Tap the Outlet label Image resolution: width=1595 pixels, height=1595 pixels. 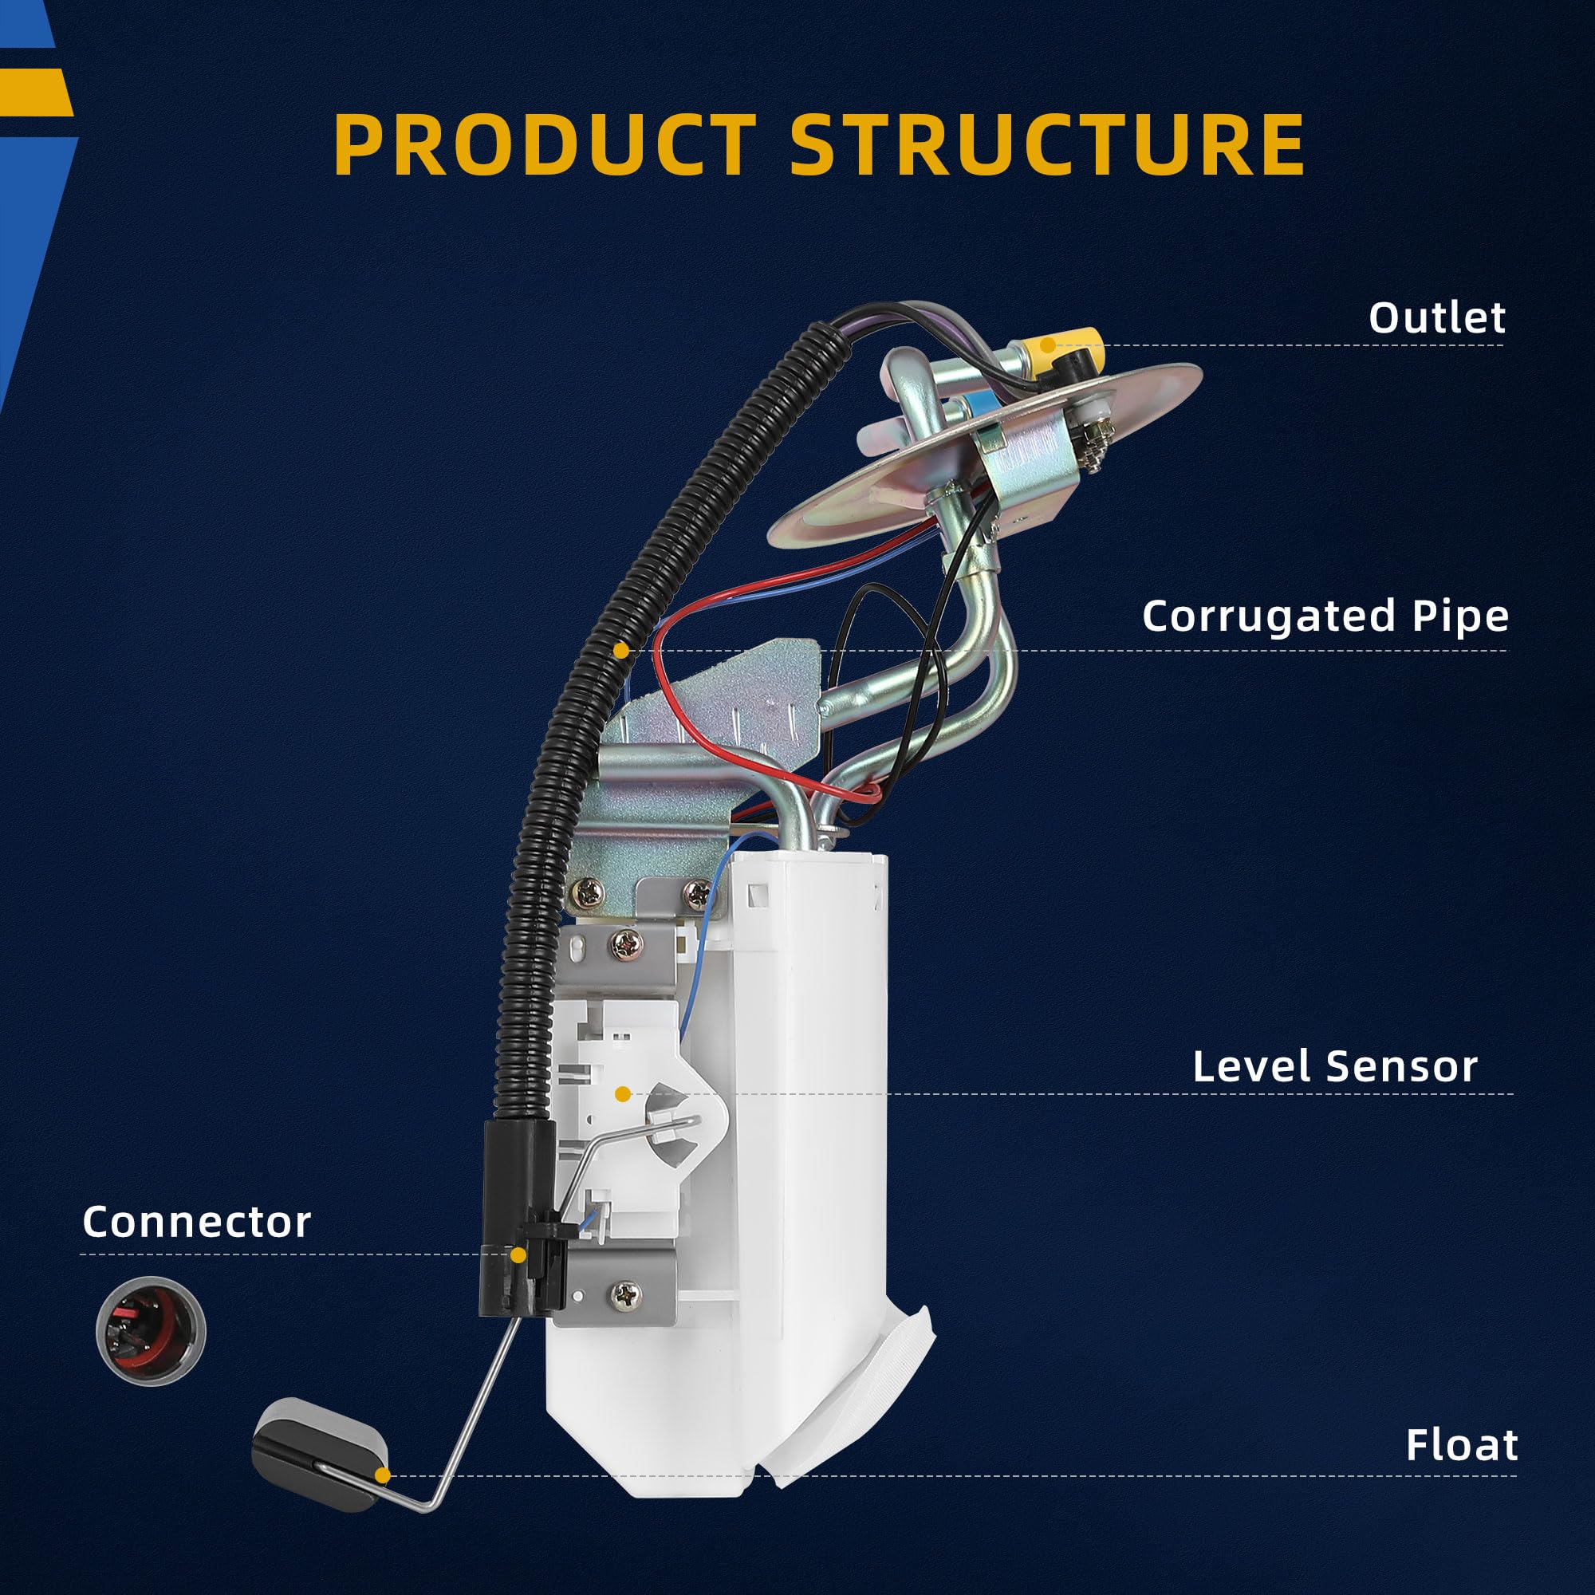(x=1436, y=318)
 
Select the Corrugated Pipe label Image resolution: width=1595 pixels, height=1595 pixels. (x=1325, y=616)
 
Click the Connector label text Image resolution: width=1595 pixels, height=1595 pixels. (x=196, y=1222)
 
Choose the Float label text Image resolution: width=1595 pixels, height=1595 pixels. (x=1461, y=1445)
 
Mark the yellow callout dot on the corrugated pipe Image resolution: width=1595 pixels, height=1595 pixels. (x=620, y=651)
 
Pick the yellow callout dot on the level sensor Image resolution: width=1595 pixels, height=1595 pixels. (x=624, y=1095)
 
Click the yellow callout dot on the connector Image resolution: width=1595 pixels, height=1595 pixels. (x=518, y=1256)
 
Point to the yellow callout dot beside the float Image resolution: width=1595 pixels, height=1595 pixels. (x=382, y=1475)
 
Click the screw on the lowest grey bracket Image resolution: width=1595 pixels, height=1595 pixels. (x=624, y=1295)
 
